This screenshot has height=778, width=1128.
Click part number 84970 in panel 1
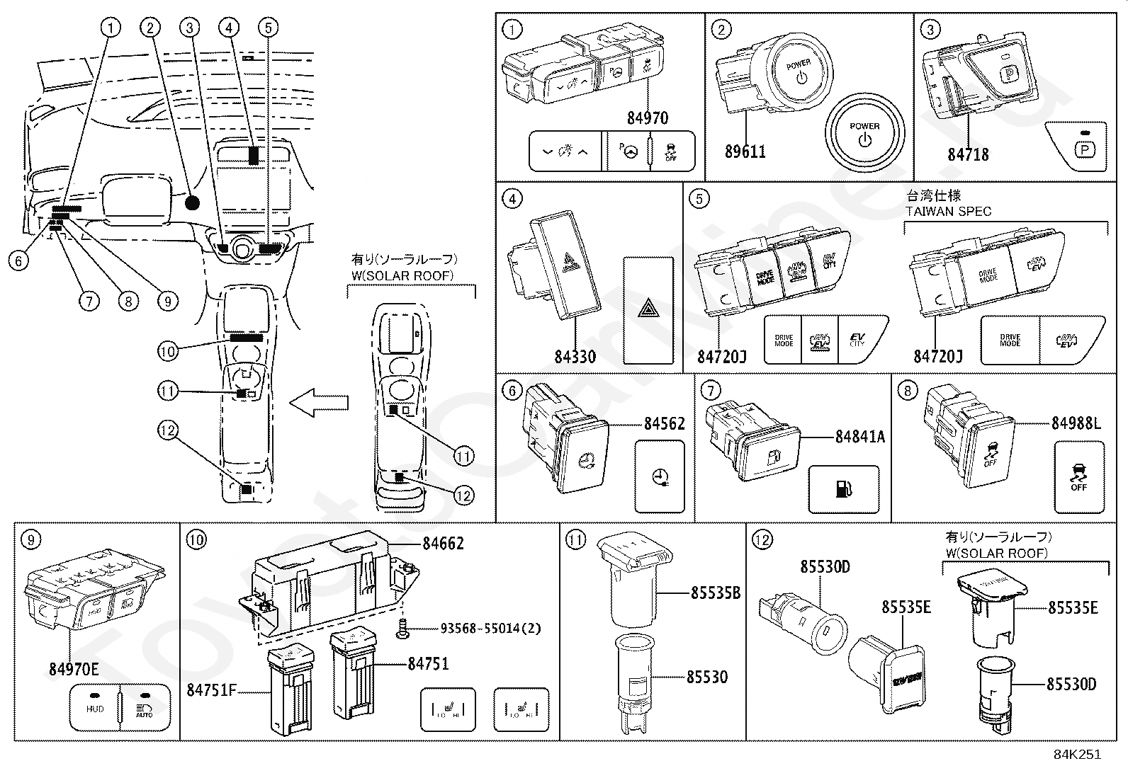coord(647,118)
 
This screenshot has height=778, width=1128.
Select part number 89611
coord(745,151)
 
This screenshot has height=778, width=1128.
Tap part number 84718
coord(968,154)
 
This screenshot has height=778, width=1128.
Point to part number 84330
coord(575,356)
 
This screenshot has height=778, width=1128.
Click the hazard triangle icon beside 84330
coord(648,310)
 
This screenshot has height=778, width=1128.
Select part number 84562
coord(664,424)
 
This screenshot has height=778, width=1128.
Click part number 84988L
coord(1076,424)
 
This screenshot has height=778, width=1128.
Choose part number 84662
coord(443,544)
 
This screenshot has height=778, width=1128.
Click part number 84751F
coord(211,689)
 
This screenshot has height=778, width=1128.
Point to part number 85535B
coord(715,593)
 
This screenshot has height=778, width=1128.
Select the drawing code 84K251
coord(1078,754)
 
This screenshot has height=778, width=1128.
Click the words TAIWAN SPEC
coord(948,211)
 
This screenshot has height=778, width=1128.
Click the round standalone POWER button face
coord(864,133)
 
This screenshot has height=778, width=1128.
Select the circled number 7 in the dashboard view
coord(89,301)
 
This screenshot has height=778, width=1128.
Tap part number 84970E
coord(74,668)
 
